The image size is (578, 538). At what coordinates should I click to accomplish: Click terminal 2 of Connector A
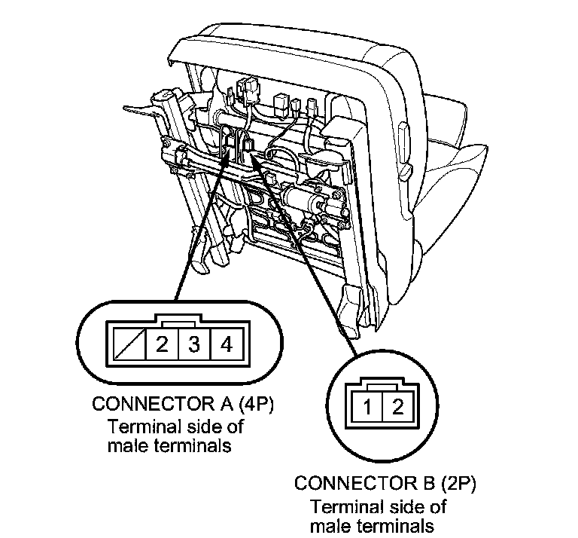(161, 346)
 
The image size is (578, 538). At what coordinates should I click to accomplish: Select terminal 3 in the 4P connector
(193, 346)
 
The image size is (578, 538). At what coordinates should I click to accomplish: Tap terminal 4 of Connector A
(226, 346)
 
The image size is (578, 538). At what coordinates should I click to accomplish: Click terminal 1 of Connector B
(366, 408)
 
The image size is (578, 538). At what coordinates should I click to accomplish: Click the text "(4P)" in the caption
(253, 404)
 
